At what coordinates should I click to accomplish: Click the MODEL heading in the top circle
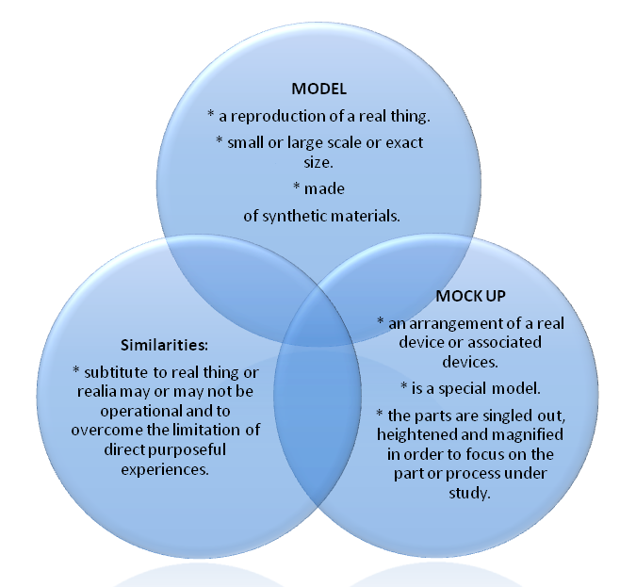[x=318, y=90]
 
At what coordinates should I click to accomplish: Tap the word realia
[x=92, y=389]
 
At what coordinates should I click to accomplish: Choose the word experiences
[x=171, y=468]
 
